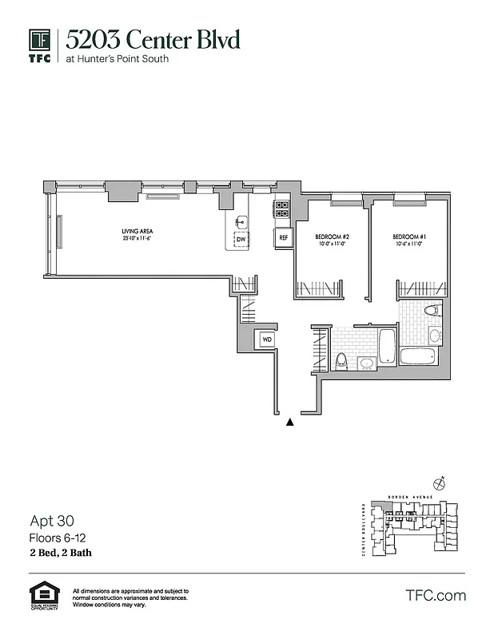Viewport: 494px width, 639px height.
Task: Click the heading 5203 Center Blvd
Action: coord(153,39)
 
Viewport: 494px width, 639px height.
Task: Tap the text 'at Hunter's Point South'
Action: coord(117,58)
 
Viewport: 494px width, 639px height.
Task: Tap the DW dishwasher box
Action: coord(240,239)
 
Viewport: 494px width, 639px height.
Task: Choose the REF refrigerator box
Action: coord(283,237)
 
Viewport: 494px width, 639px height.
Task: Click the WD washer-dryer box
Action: coord(265,340)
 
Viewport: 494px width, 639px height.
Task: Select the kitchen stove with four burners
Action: coord(282,209)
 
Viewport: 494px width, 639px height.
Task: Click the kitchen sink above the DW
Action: coord(241,222)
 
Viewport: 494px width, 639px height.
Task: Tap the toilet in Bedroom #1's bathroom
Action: coord(433,312)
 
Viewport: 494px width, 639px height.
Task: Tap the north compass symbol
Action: coord(438,482)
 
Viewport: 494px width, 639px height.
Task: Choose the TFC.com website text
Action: coord(436,595)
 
